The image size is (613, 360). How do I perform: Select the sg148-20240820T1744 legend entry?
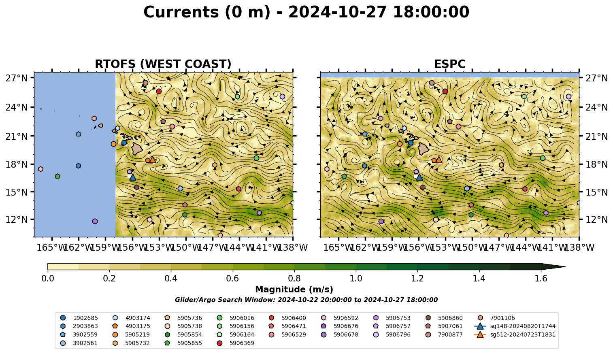click(x=515, y=326)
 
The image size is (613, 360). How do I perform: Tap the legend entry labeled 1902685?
click(x=79, y=318)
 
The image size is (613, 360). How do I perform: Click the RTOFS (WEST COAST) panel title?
click(x=163, y=64)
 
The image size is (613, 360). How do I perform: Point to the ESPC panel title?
click(x=449, y=64)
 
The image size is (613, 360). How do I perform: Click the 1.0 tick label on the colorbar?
click(x=356, y=279)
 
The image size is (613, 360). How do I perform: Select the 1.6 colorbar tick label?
click(x=541, y=279)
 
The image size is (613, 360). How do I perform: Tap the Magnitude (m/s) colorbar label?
click(x=294, y=290)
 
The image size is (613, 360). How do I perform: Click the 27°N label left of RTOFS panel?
click(x=17, y=78)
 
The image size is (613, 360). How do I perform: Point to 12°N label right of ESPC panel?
click(x=596, y=219)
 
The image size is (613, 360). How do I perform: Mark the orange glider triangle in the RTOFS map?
click(x=153, y=160)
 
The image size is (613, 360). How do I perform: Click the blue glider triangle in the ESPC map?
click(x=419, y=177)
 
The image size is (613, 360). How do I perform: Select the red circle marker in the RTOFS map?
click(x=159, y=91)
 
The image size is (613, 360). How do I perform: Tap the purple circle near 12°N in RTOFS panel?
click(x=95, y=221)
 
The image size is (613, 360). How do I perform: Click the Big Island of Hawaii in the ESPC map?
click(x=424, y=149)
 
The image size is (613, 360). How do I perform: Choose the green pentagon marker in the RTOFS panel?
click(x=57, y=176)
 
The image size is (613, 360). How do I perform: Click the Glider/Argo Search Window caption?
click(x=306, y=300)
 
